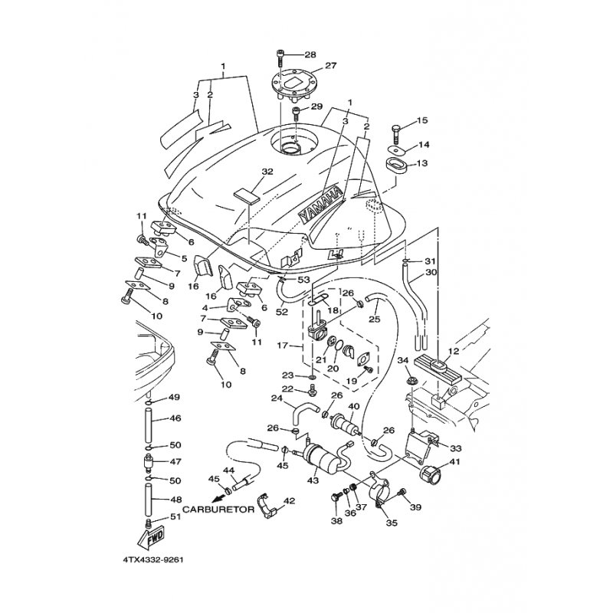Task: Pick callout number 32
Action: [245, 172]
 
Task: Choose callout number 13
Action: [422, 163]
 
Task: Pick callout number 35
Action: [391, 525]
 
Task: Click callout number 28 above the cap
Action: [310, 54]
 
